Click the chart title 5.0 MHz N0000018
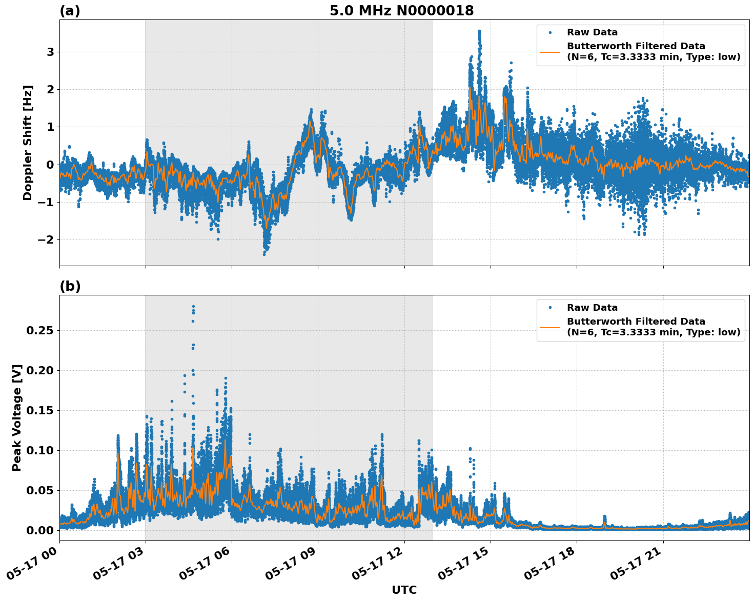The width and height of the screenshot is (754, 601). pyautogui.click(x=401, y=11)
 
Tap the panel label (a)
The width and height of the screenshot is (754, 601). pyautogui.click(x=70, y=11)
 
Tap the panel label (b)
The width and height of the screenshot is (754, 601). pyautogui.click(x=70, y=286)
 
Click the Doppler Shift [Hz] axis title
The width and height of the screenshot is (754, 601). pyautogui.click(x=28, y=143)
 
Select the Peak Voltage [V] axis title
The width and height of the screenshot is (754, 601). pyautogui.click(x=17, y=417)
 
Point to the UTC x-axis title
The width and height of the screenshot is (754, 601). pyautogui.click(x=404, y=590)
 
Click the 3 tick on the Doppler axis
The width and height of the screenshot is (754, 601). pyautogui.click(x=50, y=52)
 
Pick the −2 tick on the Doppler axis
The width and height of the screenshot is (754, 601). pyautogui.click(x=47, y=240)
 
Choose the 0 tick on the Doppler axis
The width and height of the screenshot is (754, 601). pyautogui.click(x=50, y=165)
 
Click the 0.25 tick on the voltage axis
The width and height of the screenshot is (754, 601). pyautogui.click(x=39, y=331)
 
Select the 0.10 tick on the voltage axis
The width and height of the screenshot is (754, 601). pyautogui.click(x=39, y=450)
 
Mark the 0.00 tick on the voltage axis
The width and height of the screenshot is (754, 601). pyautogui.click(x=39, y=530)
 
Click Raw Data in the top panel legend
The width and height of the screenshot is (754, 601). pyautogui.click(x=592, y=33)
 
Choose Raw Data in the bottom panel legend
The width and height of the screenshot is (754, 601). pyautogui.click(x=592, y=308)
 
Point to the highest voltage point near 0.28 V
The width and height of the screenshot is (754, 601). pyautogui.click(x=193, y=306)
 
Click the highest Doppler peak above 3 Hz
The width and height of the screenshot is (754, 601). pyautogui.click(x=479, y=31)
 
